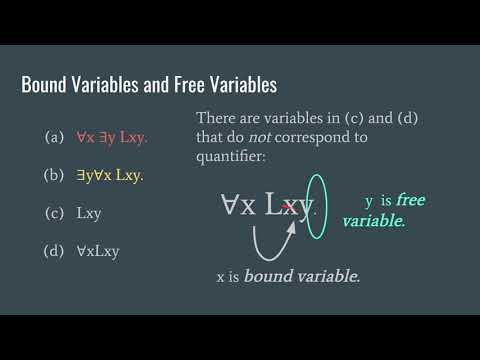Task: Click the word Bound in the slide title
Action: (47, 86)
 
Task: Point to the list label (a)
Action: (55, 137)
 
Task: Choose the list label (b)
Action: (55, 175)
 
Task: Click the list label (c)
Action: (55, 213)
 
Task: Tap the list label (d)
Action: (55, 250)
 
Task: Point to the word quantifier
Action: (234, 156)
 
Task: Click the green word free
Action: (410, 201)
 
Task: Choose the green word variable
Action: (373, 220)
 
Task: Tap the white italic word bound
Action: (268, 275)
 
